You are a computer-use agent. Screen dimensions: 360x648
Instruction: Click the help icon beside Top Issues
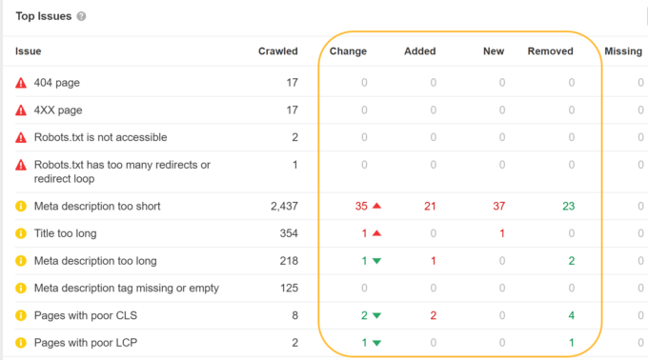81,17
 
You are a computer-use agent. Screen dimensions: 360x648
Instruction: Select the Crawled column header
277,51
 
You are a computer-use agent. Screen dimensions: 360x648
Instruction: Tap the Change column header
348,51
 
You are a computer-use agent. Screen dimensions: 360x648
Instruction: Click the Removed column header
550,51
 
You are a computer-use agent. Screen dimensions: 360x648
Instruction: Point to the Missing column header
623,51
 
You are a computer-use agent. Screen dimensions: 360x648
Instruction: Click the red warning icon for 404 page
21,83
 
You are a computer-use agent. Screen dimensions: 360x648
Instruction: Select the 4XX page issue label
58,110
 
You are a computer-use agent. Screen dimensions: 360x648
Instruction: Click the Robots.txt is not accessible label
99,137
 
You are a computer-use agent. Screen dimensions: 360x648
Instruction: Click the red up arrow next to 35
376,206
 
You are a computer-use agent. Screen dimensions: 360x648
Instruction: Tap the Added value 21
430,206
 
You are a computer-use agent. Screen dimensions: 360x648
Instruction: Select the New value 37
498,206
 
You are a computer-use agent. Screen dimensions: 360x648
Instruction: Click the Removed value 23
568,206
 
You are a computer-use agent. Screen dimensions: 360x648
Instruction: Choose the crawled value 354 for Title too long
287,233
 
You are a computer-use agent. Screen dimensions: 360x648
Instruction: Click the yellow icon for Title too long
21,233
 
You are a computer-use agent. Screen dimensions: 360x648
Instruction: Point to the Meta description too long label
95,261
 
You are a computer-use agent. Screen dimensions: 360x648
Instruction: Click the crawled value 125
287,289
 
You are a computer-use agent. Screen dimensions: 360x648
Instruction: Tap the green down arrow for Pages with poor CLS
376,316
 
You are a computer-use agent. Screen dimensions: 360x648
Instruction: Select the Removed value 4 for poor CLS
571,316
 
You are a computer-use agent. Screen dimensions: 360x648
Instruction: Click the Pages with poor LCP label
83,343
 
